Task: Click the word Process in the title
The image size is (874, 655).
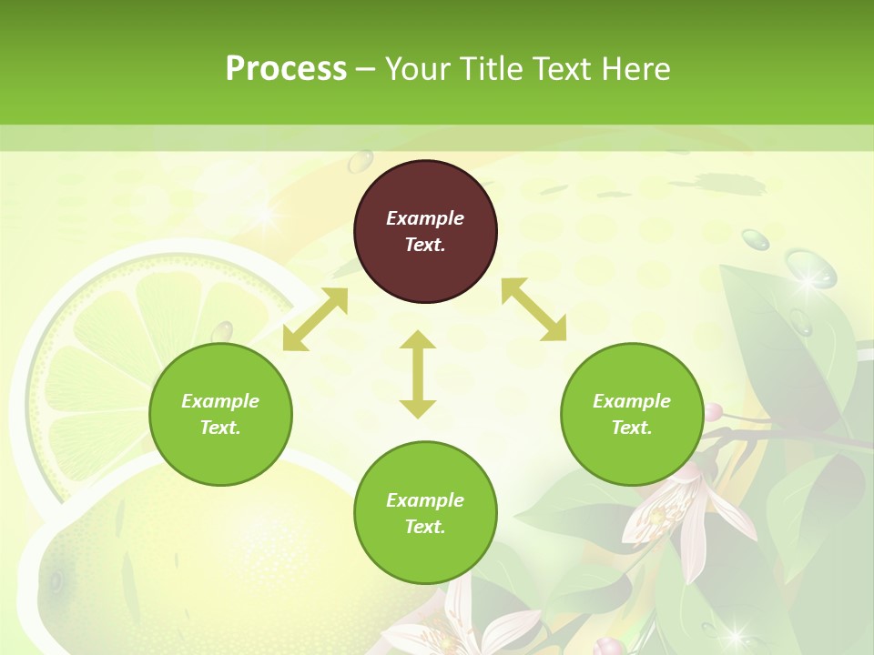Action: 286,69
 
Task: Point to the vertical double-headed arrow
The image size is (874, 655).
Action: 418,374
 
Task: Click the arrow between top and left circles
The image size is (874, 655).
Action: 315,318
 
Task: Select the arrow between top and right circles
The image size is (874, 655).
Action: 534,309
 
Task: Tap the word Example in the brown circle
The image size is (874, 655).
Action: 425,218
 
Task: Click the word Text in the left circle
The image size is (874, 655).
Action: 219,428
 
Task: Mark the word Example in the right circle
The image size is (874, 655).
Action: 632,401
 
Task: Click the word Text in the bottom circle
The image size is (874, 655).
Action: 424,527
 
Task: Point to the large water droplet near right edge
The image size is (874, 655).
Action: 810,269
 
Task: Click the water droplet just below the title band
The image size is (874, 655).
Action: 361,162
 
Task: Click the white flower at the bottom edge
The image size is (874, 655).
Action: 473,628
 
